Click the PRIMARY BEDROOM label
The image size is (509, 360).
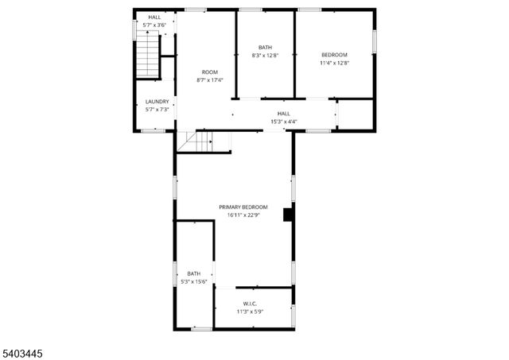click(243, 207)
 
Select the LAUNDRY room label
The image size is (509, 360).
click(157, 101)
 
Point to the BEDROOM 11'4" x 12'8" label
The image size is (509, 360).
click(334, 54)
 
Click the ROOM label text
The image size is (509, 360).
click(209, 72)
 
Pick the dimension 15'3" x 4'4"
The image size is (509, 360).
click(283, 122)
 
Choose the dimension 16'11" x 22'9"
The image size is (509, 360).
click(243, 215)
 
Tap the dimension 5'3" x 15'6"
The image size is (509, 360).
click(194, 281)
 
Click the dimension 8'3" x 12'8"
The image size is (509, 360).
click(265, 56)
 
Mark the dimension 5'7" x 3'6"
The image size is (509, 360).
click(154, 25)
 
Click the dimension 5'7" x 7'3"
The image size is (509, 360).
click(157, 109)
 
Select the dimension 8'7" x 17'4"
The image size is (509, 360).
click(209, 80)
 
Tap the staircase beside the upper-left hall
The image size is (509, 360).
click(148, 59)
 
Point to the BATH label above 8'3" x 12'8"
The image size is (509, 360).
click(265, 47)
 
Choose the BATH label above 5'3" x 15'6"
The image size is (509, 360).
click(194, 273)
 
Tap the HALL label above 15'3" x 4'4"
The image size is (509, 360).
click(283, 114)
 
